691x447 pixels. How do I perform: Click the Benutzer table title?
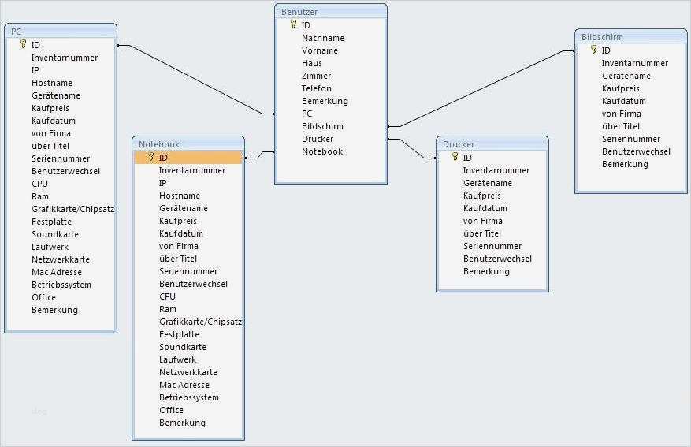(300, 12)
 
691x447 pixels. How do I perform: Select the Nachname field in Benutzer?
(323, 38)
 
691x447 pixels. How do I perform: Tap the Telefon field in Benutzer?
(317, 88)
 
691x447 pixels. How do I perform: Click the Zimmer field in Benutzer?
(317, 76)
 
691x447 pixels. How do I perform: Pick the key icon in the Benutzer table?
(293, 24)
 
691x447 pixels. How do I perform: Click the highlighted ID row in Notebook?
(188, 157)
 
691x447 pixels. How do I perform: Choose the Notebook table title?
(159, 144)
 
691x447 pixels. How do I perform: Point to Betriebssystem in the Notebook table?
(189, 397)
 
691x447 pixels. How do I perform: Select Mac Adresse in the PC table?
(57, 272)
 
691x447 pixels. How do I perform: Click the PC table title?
(16, 32)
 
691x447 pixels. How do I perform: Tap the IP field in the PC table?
(35, 70)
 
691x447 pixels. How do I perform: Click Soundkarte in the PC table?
(55, 234)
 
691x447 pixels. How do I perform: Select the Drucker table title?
(459, 144)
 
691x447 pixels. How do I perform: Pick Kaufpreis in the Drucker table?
(484, 196)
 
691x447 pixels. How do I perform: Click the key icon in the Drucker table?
(455, 157)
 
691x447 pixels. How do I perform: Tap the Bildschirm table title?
(602, 37)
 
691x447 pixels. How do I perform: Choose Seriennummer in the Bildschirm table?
(631, 139)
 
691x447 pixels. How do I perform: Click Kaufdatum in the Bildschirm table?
(624, 101)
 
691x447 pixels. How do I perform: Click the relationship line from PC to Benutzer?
(197, 79)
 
